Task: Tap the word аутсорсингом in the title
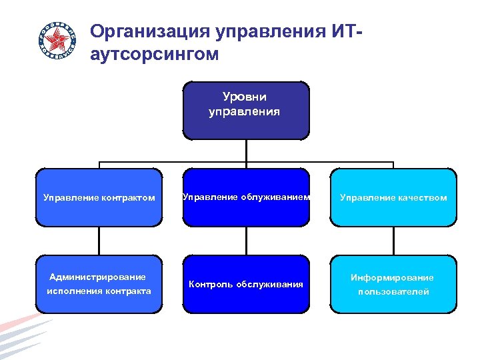pos(154,54)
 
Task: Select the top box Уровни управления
pos(245,110)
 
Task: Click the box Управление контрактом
pos(99,197)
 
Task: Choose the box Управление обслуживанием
pos(246,197)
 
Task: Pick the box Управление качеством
pos(393,197)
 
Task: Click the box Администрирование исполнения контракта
pos(99,284)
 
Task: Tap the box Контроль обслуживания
pos(246,284)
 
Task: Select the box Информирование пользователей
pos(393,284)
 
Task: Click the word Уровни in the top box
pos(245,98)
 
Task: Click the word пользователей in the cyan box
pos(393,292)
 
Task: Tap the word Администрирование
pos(98,277)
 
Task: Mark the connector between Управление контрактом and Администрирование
pos(99,241)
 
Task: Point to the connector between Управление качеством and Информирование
pos(393,241)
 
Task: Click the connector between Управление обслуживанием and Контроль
pos(246,241)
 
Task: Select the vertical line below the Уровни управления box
pos(246,150)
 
